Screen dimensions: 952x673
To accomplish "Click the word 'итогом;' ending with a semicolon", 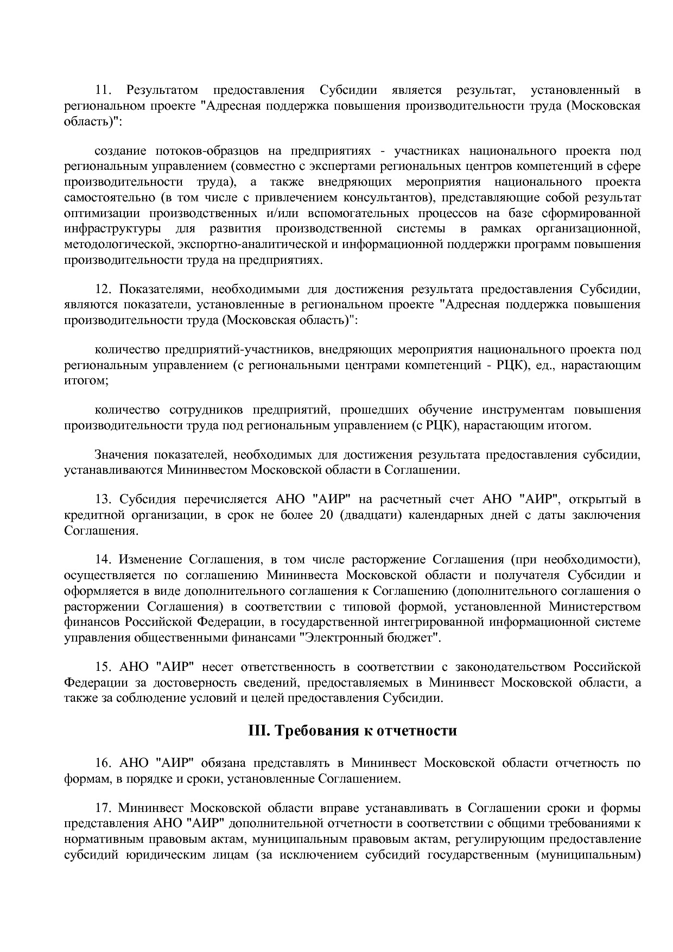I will click(x=86, y=380).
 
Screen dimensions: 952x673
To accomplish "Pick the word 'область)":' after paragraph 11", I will click(x=93, y=121).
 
